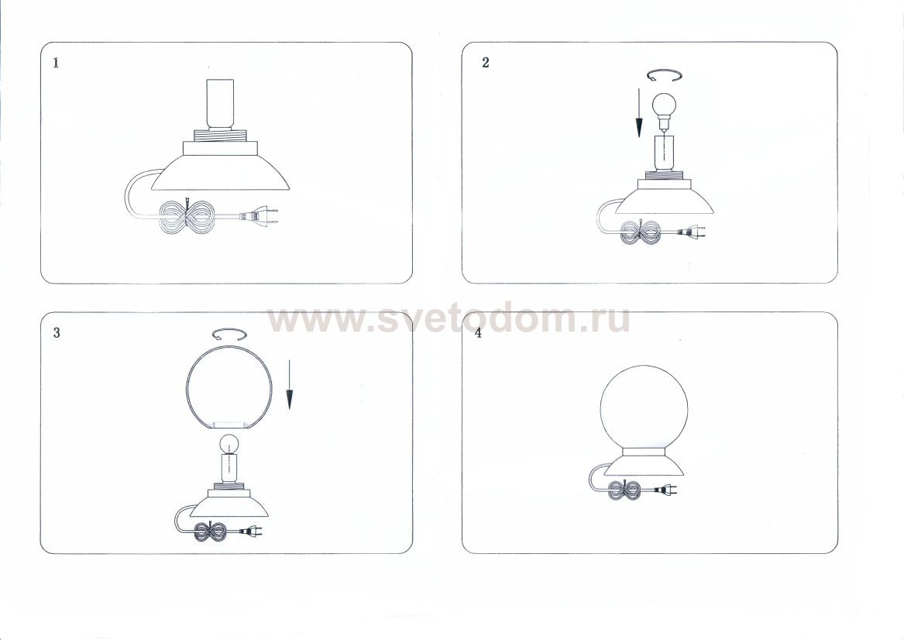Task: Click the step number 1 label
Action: click(56, 63)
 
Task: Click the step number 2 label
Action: click(486, 63)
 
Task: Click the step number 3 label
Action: click(56, 332)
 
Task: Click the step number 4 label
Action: click(479, 334)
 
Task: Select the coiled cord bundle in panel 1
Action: click(186, 216)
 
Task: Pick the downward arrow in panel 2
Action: click(639, 113)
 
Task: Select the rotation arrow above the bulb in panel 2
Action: click(664, 75)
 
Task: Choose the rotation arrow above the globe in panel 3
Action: click(229, 335)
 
